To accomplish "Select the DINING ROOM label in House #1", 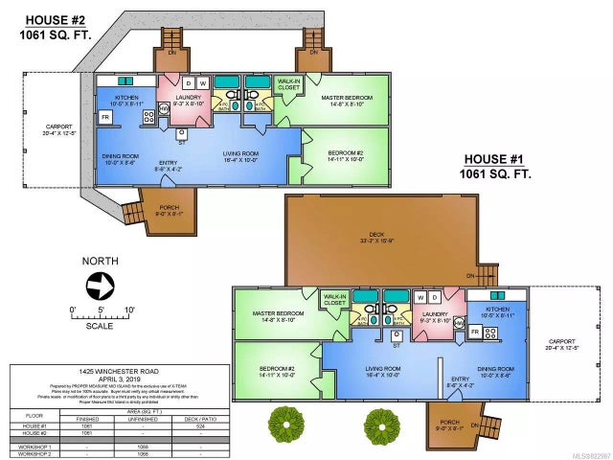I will pyautogui.click(x=495, y=370).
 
